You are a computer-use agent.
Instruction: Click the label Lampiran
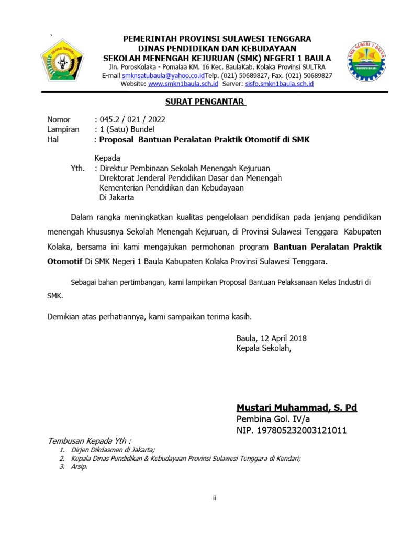click(x=63, y=129)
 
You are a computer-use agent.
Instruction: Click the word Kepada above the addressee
click(x=107, y=158)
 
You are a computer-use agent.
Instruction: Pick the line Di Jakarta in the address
click(x=117, y=198)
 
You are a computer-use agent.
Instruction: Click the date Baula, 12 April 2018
click(x=271, y=338)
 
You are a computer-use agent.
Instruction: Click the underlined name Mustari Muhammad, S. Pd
click(x=296, y=408)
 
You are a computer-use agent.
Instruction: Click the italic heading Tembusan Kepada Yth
click(x=90, y=440)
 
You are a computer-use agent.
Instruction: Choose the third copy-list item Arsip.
click(x=79, y=467)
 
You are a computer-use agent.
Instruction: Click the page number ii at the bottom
click(x=214, y=498)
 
